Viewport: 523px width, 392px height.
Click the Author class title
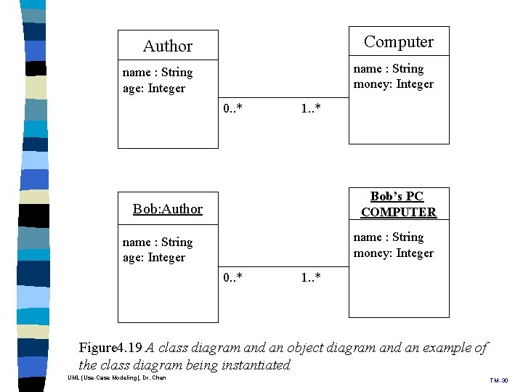[x=168, y=46]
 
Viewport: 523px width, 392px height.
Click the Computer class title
[x=399, y=42]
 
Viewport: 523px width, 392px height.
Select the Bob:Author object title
[x=168, y=209]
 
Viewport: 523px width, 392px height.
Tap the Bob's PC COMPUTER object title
[x=398, y=204]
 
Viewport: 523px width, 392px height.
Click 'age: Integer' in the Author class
[x=154, y=89]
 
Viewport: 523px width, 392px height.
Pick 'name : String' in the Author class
[x=158, y=73]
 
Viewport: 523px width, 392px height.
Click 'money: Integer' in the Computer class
[x=393, y=84]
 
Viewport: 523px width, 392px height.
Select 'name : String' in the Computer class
[x=388, y=69]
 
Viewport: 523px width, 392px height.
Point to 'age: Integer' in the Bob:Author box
[x=154, y=258]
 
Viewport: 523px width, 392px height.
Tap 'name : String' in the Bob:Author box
[x=158, y=242]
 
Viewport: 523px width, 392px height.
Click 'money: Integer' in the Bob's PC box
[x=393, y=253]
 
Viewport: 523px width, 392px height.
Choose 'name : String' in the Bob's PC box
[x=388, y=237]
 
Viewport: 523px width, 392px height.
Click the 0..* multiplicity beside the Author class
[x=233, y=109]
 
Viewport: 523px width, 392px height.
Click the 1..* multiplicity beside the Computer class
[x=311, y=109]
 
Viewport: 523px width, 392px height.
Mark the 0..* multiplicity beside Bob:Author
[x=233, y=278]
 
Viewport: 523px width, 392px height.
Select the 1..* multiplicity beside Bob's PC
[x=311, y=278]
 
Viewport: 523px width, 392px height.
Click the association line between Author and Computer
[x=283, y=97]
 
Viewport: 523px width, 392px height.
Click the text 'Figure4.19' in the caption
[x=110, y=348]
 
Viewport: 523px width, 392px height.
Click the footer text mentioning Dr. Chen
[x=116, y=378]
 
